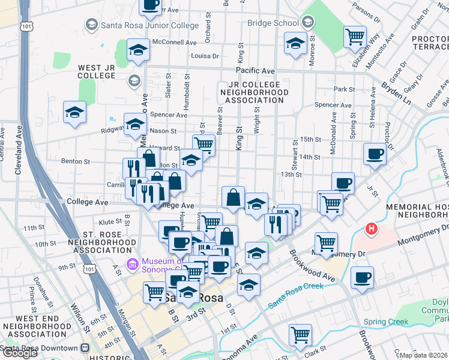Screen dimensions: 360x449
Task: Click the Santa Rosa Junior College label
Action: (149, 25)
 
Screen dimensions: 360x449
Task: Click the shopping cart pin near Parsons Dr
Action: (355, 36)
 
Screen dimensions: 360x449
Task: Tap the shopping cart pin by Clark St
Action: (300, 335)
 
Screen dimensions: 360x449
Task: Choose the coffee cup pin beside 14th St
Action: (375, 154)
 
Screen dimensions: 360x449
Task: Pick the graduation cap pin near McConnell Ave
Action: (138, 51)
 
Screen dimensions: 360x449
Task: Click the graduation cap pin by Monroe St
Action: (295, 43)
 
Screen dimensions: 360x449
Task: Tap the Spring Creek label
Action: (385, 322)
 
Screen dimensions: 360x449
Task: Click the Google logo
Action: (20, 353)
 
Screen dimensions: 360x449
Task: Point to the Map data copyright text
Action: (424, 355)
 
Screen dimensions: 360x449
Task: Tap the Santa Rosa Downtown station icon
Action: (85, 348)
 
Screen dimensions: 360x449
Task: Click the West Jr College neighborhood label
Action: (96, 71)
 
